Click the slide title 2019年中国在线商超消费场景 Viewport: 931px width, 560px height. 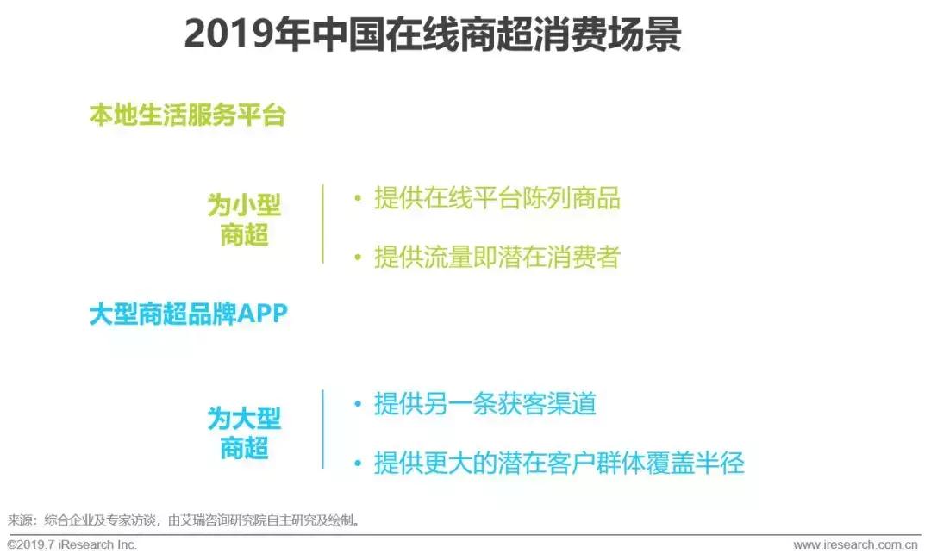(433, 35)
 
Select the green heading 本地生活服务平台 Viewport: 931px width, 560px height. (187, 115)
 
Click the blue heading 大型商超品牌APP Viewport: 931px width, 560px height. (188, 314)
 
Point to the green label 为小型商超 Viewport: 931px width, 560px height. (244, 220)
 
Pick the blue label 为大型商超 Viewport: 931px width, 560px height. (244, 433)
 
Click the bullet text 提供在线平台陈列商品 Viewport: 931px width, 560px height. (497, 198)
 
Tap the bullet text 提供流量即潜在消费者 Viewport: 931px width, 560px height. (497, 257)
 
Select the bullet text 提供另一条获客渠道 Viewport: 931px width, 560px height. (484, 404)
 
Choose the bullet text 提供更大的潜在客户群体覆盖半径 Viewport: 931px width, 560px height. (559, 464)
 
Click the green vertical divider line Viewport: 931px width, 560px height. (323, 223)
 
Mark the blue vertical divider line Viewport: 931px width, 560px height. (323, 429)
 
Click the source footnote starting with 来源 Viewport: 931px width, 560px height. (184, 520)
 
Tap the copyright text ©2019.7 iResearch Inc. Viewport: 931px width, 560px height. (72, 545)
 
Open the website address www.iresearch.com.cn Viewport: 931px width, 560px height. (855, 545)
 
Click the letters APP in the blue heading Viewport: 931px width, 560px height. (262, 314)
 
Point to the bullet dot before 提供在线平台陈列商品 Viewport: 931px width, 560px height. (357, 198)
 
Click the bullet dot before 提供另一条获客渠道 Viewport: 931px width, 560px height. (357, 404)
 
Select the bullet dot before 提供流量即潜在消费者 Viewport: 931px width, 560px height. (357, 257)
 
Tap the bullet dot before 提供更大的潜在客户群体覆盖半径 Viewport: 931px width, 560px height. (357, 464)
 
